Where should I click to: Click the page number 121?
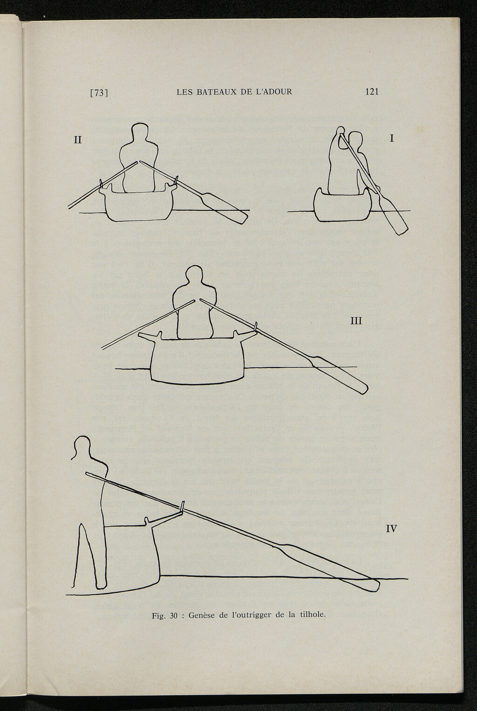tap(372, 92)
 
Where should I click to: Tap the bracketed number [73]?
tap(99, 93)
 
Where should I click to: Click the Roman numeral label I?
tap(392, 138)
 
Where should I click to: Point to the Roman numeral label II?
tap(78, 140)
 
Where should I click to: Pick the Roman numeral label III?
tap(356, 321)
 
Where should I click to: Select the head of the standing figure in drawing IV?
tap(82, 447)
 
